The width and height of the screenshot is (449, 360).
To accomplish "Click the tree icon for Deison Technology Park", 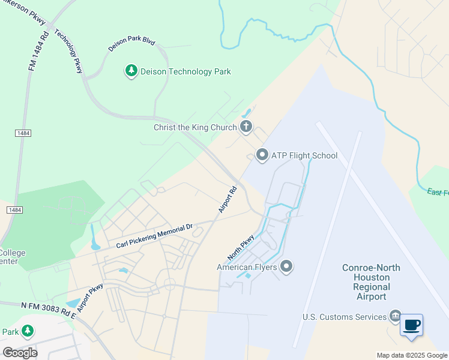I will pyautogui.click(x=131, y=71).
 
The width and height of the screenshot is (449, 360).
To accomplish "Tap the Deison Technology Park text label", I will pyautogui.click(x=185, y=72).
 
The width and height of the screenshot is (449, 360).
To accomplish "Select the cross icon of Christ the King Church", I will pyautogui.click(x=246, y=127).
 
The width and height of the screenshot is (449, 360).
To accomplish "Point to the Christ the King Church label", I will pyautogui.click(x=195, y=127).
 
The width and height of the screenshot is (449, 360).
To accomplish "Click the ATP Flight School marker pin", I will pyautogui.click(x=262, y=155).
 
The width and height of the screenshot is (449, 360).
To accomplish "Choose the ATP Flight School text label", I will pyautogui.click(x=304, y=156).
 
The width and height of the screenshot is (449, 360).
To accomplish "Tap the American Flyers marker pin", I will pyautogui.click(x=286, y=266).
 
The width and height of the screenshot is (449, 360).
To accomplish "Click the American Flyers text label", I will pyautogui.click(x=247, y=267).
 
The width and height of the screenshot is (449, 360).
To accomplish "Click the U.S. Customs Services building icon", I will pyautogui.click(x=395, y=316).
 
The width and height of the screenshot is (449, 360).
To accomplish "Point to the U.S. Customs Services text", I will pyautogui.click(x=344, y=317).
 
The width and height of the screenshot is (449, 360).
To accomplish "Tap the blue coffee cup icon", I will pyautogui.click(x=411, y=325).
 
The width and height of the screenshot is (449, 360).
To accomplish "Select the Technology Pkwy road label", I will pyautogui.click(x=68, y=51).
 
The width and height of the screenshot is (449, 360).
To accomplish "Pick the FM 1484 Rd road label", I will pyautogui.click(x=38, y=53).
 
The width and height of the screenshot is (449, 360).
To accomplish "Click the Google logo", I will pyautogui.click(x=20, y=352).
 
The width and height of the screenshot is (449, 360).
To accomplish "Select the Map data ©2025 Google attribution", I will pyautogui.click(x=411, y=355).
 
